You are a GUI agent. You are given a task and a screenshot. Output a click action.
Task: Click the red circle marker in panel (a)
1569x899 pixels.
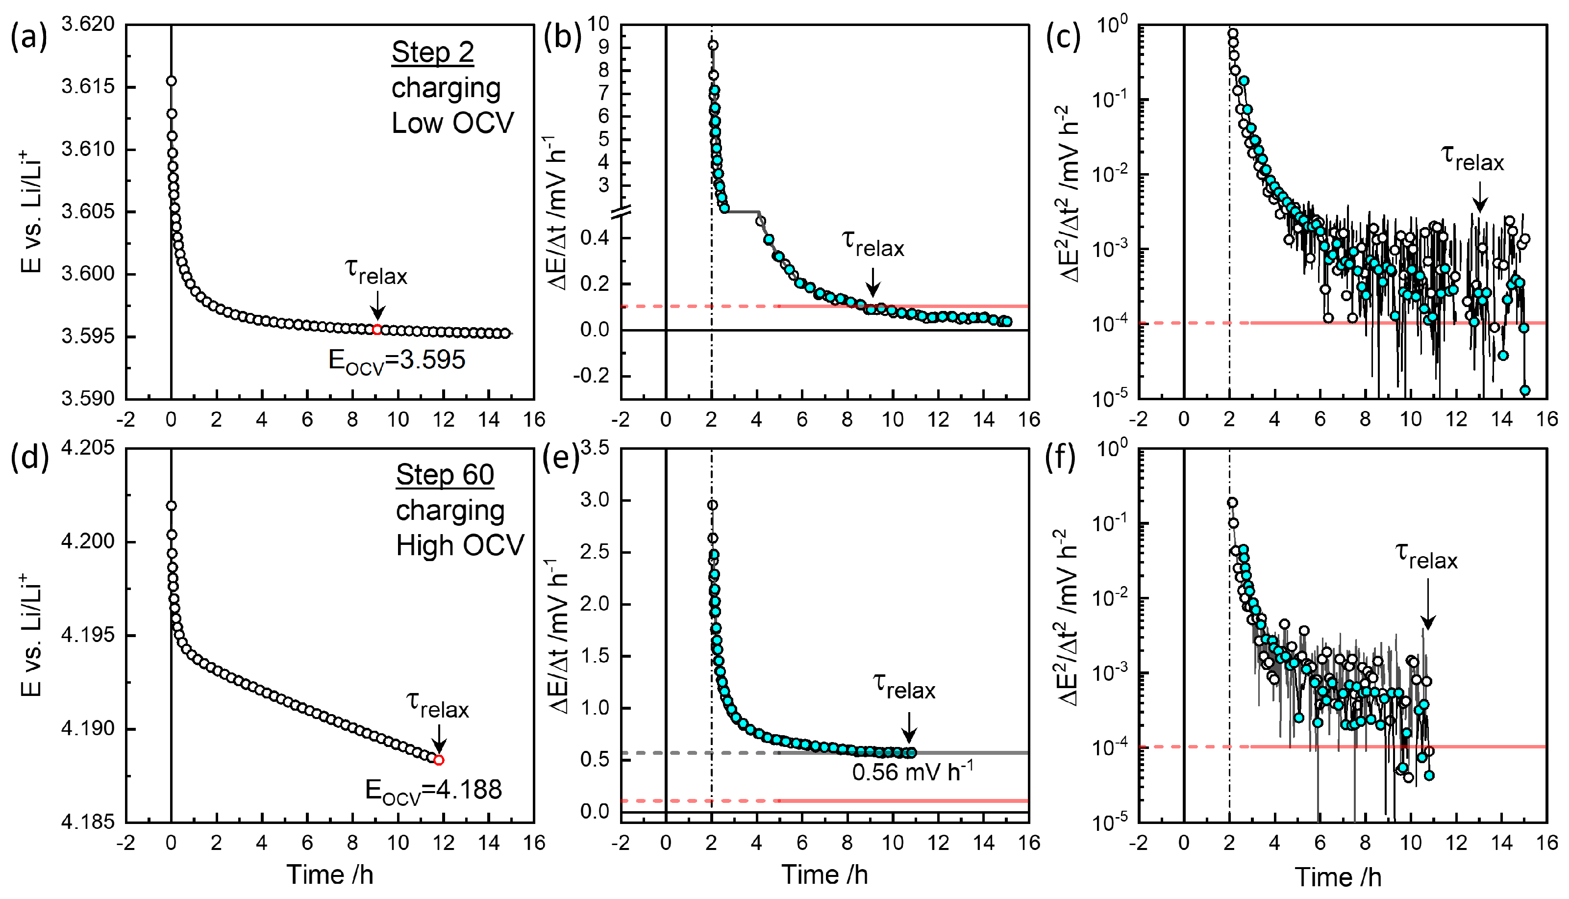[x=377, y=330]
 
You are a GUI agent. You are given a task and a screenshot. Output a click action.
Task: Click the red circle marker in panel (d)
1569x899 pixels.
[x=439, y=760]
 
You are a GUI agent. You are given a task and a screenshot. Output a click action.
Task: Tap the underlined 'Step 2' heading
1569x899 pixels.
[x=432, y=52]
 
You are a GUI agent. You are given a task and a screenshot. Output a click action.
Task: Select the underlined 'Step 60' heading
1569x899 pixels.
[x=445, y=475]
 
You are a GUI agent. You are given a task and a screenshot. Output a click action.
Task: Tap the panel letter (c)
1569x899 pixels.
[x=1063, y=38]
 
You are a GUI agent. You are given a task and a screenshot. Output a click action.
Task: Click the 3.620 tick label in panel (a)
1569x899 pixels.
[x=88, y=25]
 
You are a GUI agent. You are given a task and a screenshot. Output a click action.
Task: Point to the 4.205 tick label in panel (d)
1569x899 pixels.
[x=88, y=448]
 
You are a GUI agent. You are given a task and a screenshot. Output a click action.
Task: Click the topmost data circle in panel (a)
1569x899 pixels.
[x=172, y=81]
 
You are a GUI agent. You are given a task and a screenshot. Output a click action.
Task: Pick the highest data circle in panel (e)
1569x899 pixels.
[x=713, y=505]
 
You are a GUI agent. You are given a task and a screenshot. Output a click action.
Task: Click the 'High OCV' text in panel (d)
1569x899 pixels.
[x=460, y=546]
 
